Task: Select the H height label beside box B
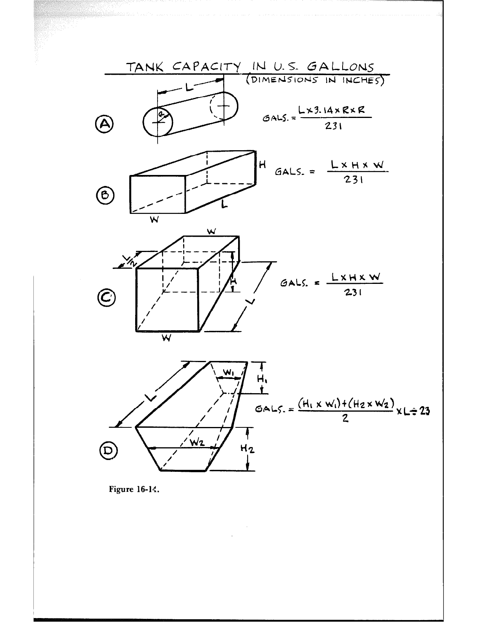[262, 166]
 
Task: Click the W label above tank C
[211, 231]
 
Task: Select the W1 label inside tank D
[228, 372]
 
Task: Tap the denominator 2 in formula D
[345, 420]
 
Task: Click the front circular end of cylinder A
[158, 121]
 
